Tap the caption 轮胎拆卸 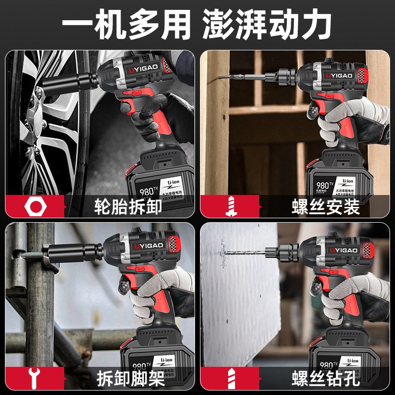coord(128,207)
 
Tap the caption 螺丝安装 coord(325,207)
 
